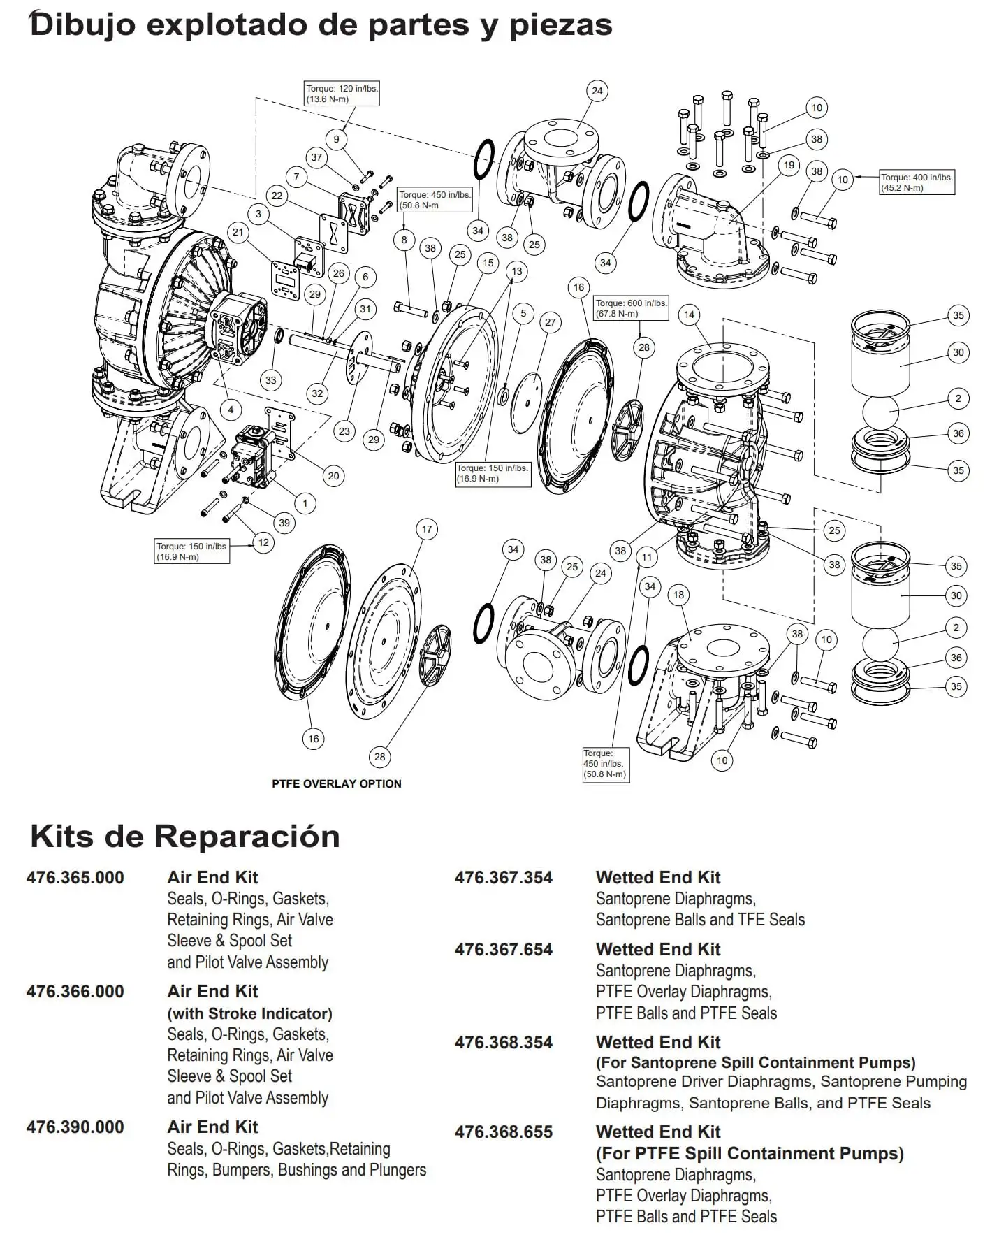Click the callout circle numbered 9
[336, 139]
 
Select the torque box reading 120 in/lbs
[342, 94]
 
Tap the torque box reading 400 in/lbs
[917, 182]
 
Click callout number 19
[789, 166]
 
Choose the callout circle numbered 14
[689, 314]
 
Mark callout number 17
[427, 529]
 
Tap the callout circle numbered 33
[270, 380]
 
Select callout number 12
[263, 542]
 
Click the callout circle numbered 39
[284, 523]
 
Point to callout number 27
[551, 322]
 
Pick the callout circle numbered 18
[678, 595]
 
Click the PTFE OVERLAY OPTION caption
[336, 783]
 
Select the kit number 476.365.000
[75, 877]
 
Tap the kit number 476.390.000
[75, 1127]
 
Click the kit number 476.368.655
[503, 1132]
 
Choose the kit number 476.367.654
[503, 949]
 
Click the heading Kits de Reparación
[185, 836]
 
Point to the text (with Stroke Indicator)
[249, 1013]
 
